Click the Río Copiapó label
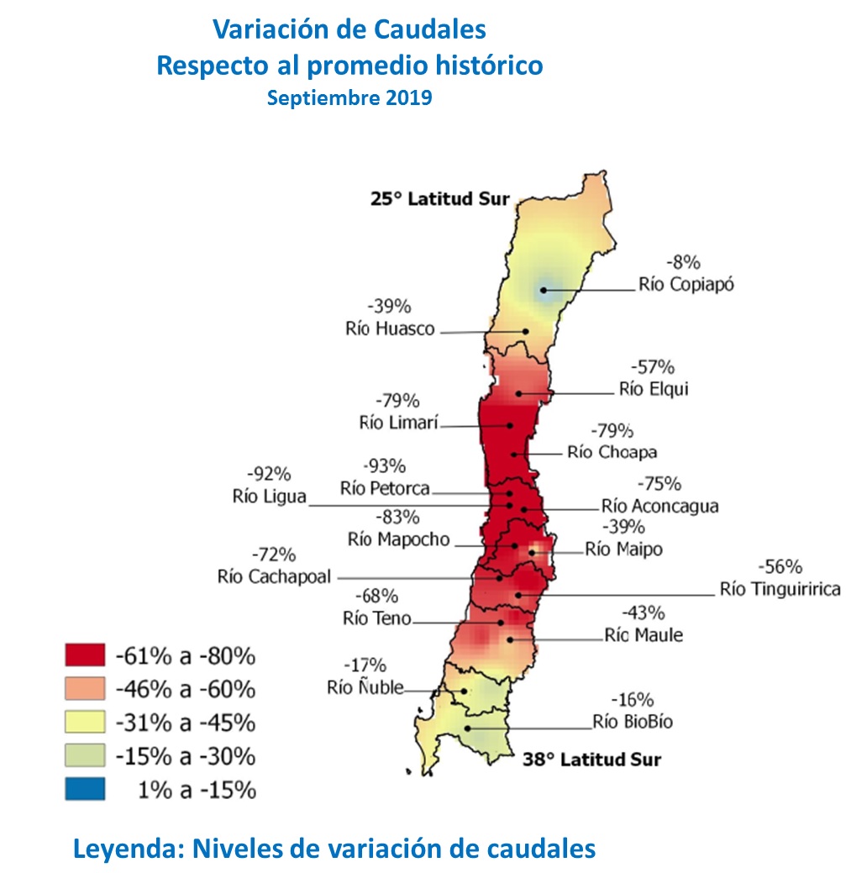pos(686,284)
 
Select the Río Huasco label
pos(390,329)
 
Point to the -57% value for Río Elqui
pos(652,367)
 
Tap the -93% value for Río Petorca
pos(385,465)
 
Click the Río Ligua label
pos(269,496)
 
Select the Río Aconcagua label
pos(659,507)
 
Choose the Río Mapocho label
pos(399,539)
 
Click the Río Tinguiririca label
pos(780,589)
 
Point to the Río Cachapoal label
pos(274,577)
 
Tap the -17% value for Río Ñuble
pos(366,665)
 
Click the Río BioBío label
pos(632,721)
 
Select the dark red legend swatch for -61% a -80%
pos(84,655)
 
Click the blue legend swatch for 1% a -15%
pos(84,789)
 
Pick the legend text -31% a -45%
pos(185,723)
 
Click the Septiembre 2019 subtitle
pos(349,97)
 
